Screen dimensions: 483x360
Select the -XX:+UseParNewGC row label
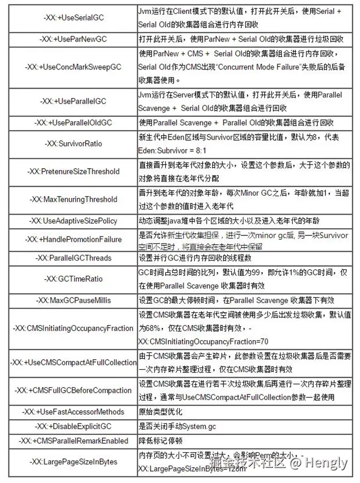point(73,40)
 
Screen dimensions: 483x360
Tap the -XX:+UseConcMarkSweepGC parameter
point(73,67)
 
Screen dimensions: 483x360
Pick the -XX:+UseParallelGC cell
point(73,101)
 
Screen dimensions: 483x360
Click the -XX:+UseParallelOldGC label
point(73,122)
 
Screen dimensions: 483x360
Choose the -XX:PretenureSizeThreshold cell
point(73,171)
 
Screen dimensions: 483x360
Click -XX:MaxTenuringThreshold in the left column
point(73,199)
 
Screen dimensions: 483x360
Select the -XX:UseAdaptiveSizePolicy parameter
point(73,221)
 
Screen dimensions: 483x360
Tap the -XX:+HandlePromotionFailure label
point(73,239)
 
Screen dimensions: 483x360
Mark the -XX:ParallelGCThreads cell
point(73,258)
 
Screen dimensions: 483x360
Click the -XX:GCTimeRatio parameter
point(73,278)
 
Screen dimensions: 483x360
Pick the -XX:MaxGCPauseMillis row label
point(73,300)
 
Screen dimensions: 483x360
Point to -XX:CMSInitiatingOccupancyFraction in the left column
point(73,328)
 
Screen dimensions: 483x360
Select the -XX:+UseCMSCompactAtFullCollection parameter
point(73,363)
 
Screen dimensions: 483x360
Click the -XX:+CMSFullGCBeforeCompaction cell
point(73,391)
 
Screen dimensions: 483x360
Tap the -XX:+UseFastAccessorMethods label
point(73,412)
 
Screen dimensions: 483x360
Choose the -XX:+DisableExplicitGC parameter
point(73,426)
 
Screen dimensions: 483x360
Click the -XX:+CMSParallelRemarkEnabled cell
point(73,442)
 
